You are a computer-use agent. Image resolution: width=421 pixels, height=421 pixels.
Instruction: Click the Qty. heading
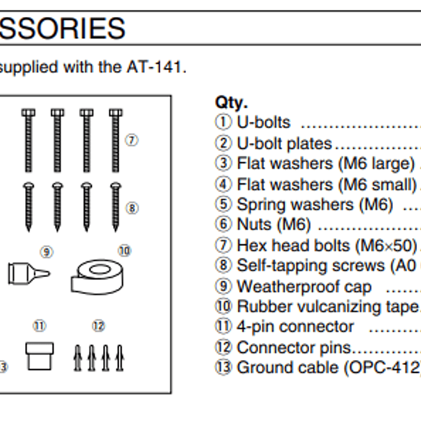coord(231,102)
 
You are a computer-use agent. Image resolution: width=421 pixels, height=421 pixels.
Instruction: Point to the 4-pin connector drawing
coord(39,356)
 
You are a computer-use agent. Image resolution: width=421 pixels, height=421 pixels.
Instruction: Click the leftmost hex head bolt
coord(28,141)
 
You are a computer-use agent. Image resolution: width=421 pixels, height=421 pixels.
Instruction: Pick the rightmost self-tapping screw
coord(116,206)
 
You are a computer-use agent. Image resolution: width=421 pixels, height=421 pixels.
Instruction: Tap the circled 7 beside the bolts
coord(132,140)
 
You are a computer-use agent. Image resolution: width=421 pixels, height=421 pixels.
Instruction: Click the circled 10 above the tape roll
coord(125,251)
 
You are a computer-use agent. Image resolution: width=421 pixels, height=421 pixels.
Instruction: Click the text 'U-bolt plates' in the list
coord(283,143)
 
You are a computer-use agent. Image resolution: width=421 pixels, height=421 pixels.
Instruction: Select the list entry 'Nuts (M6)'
coord(273,225)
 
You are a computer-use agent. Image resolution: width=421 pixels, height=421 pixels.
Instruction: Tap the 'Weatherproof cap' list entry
coord(303,287)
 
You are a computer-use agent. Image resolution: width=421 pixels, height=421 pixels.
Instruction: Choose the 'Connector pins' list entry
coord(293,348)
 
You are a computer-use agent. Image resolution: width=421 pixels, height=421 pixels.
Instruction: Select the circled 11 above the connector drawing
coord(39,325)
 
